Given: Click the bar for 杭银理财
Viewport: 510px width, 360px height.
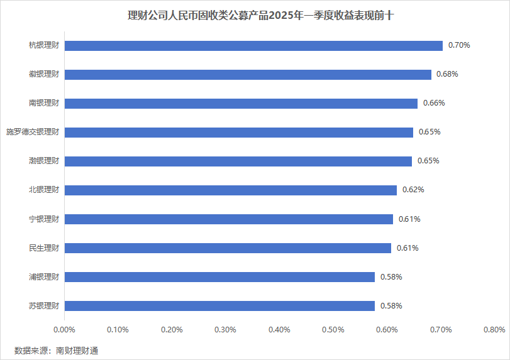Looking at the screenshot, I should coord(253,46).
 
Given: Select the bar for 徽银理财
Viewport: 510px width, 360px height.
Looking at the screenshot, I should coord(248,75).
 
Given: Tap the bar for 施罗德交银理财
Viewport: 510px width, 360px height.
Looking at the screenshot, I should coord(239,133).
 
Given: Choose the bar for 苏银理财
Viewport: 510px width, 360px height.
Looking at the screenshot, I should coord(219,306).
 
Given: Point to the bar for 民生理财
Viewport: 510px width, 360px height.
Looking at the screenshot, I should coord(228,248).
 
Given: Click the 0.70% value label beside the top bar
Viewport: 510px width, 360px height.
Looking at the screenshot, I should coord(459,45).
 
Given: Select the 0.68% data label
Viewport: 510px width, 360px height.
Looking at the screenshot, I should coord(447,74).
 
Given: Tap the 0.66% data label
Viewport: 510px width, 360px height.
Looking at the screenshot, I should coord(434,103).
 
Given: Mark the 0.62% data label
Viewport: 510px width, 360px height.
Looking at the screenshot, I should coord(413,190).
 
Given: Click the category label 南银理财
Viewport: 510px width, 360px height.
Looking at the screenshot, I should coord(44,103).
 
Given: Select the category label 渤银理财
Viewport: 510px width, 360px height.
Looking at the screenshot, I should coord(44,161).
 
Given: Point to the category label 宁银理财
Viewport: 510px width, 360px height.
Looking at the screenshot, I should coord(44,219).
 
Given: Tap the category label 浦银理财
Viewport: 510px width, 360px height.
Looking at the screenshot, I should coord(44,277).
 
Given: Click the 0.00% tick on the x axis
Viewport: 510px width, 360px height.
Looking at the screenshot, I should coord(64,330).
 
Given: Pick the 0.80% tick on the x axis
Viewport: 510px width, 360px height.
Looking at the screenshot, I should coord(494,330).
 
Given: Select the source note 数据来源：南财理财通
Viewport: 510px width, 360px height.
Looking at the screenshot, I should coord(56,350).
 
